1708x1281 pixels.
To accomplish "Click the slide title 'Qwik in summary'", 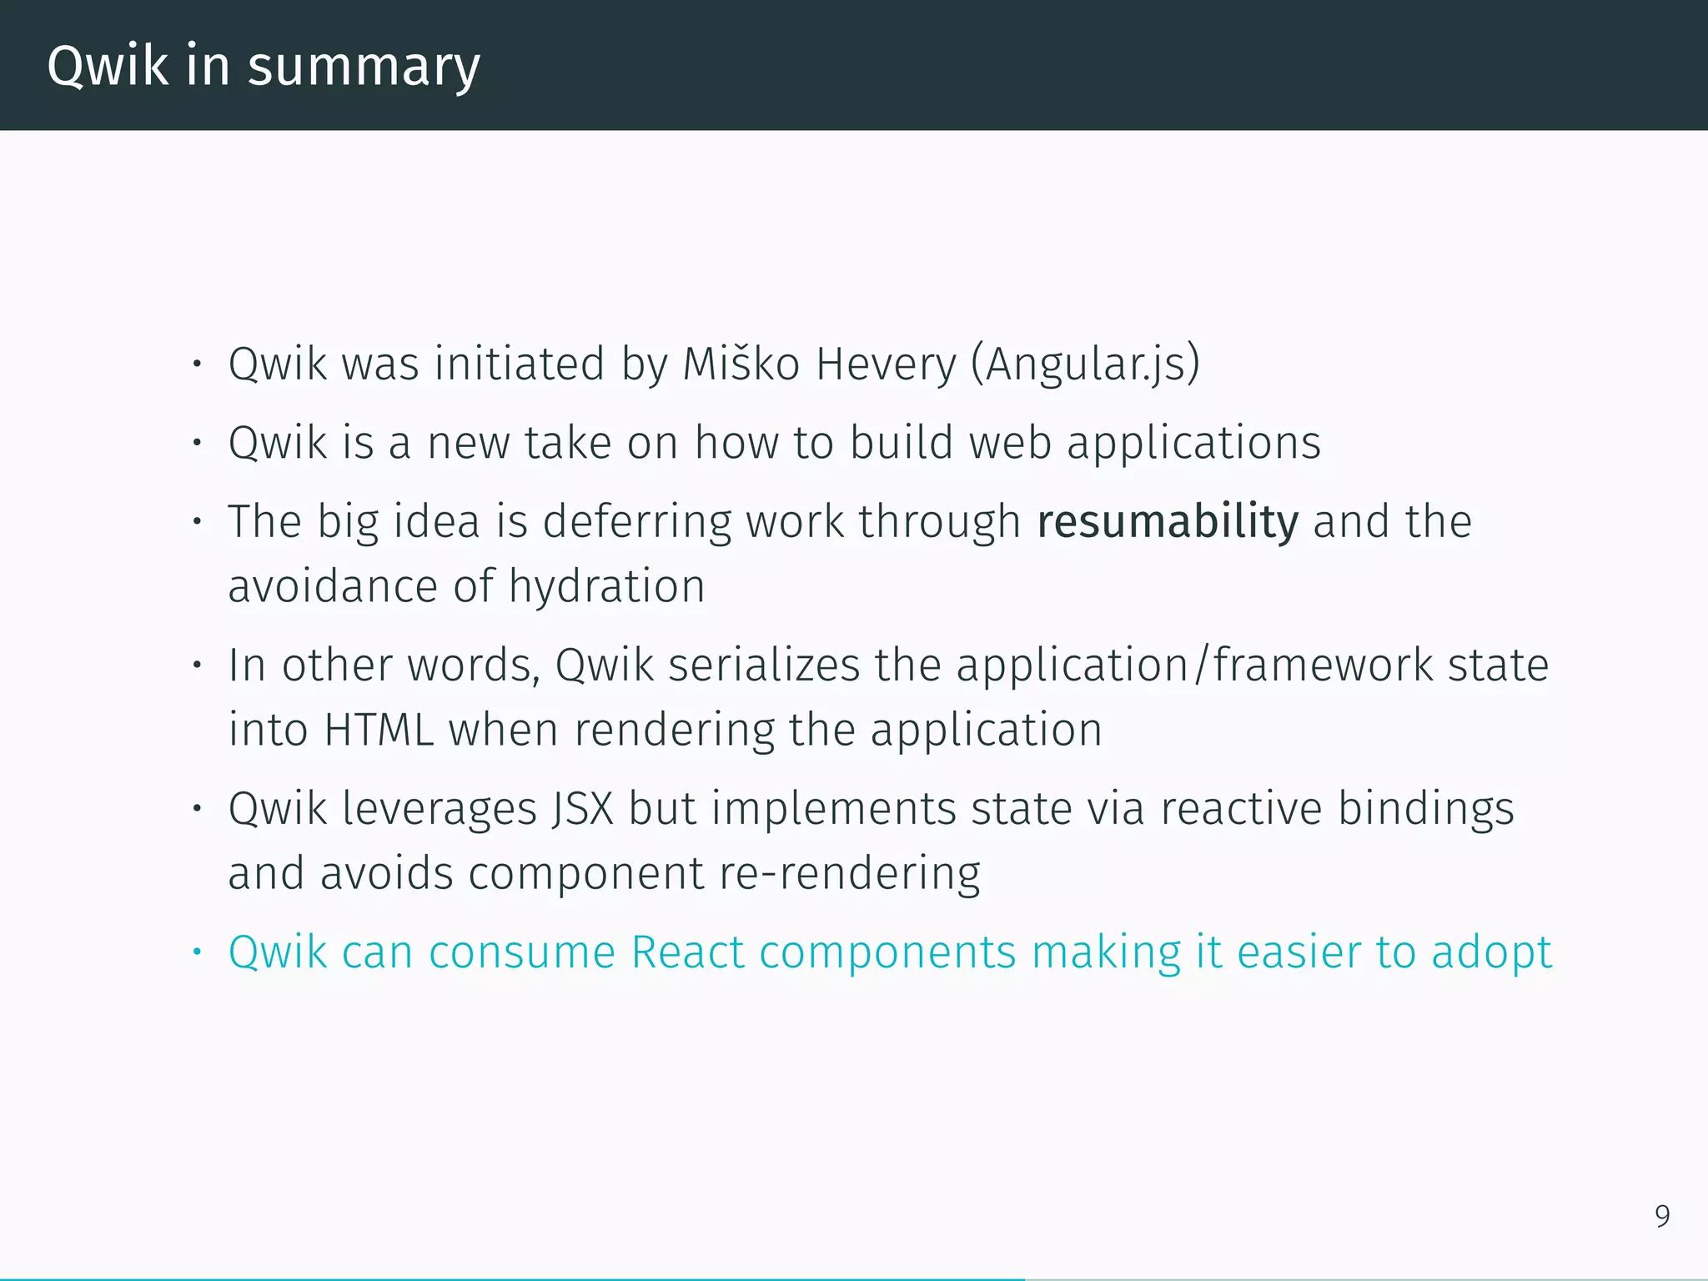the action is tap(264, 66).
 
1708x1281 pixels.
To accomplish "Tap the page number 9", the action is tap(1662, 1217).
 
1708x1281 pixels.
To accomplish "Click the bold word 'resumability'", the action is tap(1168, 522).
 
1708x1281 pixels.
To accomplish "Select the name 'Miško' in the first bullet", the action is tap(741, 364).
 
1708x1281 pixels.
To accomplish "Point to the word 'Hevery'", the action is tap(886, 365).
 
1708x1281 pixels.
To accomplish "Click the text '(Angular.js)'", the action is tap(1085, 364).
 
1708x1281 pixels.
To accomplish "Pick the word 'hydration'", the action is tap(607, 586).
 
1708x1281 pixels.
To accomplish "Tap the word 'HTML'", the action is tap(379, 730).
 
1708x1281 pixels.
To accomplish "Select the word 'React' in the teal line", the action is tap(687, 952).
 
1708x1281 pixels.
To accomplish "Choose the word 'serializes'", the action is tap(764, 666).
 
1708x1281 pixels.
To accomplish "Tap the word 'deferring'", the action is tap(636, 522).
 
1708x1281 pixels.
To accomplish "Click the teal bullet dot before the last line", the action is tap(197, 952).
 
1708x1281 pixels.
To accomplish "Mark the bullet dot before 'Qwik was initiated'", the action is tap(197, 364).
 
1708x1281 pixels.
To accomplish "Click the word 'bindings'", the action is tap(1426, 809).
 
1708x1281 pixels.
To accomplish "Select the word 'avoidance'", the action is tap(333, 586).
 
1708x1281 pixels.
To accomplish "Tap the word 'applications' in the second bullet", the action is tap(1193, 443).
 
